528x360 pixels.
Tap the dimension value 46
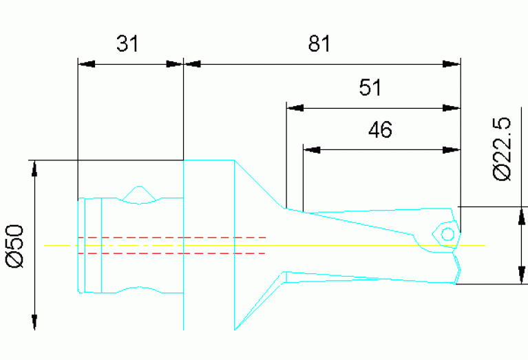point(380,129)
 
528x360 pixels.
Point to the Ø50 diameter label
point(15,245)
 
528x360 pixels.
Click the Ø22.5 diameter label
point(503,148)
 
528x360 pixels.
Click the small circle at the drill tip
point(447,234)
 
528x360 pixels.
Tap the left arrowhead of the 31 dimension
point(87,65)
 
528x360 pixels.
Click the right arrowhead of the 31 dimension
point(175,65)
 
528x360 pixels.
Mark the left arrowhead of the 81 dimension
point(193,65)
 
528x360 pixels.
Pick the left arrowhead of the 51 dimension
point(295,107)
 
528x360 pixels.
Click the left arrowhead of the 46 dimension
point(312,149)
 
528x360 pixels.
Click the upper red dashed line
point(172,237)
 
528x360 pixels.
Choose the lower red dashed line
point(172,253)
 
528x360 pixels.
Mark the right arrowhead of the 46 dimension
point(451,149)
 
